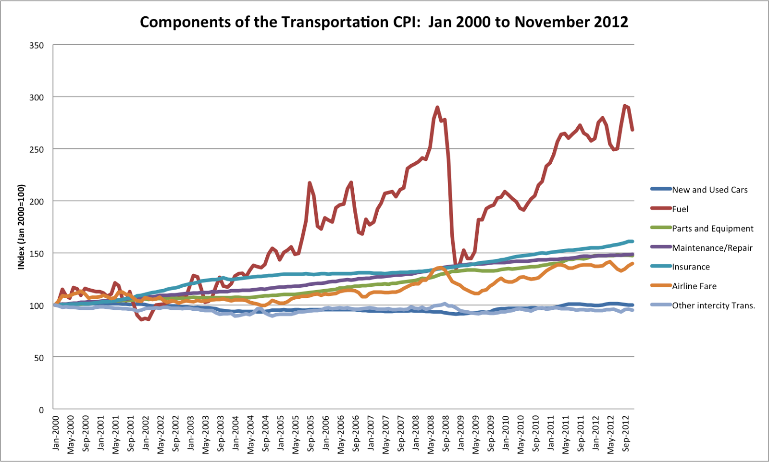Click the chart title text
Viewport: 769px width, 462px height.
tap(384, 22)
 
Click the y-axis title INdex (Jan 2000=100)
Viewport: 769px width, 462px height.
tap(21, 227)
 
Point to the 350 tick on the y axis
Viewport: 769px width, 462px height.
tap(37, 46)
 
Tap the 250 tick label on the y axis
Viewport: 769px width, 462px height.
tap(37, 149)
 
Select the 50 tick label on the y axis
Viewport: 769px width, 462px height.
tap(38, 358)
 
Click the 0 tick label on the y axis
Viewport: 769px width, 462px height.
tap(41, 410)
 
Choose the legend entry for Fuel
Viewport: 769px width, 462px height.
tap(680, 209)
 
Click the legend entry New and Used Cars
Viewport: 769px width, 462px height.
tap(709, 190)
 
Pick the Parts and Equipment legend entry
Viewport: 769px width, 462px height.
tap(712, 229)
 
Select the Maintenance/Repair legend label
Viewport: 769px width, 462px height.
tap(712, 248)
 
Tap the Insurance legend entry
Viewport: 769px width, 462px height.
tap(691, 267)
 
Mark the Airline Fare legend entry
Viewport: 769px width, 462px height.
tap(694, 286)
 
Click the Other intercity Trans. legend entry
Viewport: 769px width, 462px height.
tap(713, 305)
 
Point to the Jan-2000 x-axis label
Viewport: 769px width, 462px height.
tap(56, 433)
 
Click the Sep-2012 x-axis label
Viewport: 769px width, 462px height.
tap(625, 434)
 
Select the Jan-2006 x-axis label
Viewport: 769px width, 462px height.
tap(326, 433)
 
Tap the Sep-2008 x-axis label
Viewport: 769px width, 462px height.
tap(446, 434)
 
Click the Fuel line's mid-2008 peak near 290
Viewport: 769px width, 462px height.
tap(437, 108)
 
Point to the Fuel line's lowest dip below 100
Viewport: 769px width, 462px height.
tap(142, 319)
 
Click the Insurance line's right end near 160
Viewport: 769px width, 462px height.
tap(632, 241)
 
